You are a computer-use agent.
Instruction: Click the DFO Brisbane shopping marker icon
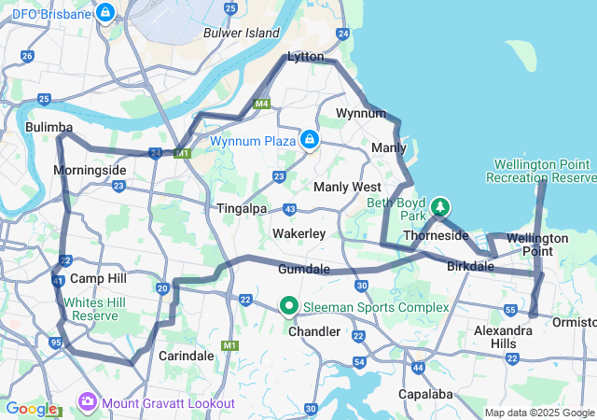pos(105,14)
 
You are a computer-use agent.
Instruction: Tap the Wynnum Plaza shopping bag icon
pos(310,141)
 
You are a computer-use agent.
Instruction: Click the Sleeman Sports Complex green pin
pos(289,306)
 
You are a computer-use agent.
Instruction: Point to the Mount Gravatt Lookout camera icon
pos(88,402)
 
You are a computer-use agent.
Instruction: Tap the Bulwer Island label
pos(242,34)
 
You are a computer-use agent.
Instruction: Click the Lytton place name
pos(305,57)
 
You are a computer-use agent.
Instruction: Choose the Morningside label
pos(90,171)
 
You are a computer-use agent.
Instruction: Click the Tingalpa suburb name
pos(242,208)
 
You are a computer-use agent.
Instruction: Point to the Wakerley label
pos(298,232)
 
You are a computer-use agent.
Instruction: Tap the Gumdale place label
pos(304,269)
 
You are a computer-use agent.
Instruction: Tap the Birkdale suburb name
pos(470,266)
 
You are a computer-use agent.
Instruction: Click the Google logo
pos(31,408)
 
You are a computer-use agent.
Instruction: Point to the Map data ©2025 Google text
pos(538,413)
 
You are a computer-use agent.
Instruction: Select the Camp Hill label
pos(98,278)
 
